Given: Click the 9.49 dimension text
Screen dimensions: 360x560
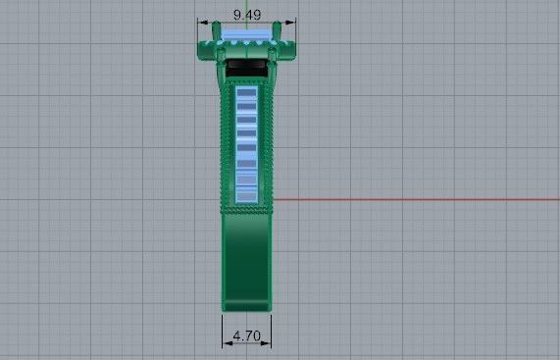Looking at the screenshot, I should coord(246,14).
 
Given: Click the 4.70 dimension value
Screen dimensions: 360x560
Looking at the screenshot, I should coord(246,335).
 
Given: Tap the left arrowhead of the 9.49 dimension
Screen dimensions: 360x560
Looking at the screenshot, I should coord(201,22).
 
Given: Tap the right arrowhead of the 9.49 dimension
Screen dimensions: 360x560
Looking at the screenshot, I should coord(291,22).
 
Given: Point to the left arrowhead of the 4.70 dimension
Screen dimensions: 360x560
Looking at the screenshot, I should coord(227,343).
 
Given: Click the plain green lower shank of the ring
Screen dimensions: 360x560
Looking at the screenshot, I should coord(246,255).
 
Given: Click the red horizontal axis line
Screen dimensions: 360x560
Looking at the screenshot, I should coord(412,199).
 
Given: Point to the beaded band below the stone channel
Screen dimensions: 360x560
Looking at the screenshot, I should coord(246,209).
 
